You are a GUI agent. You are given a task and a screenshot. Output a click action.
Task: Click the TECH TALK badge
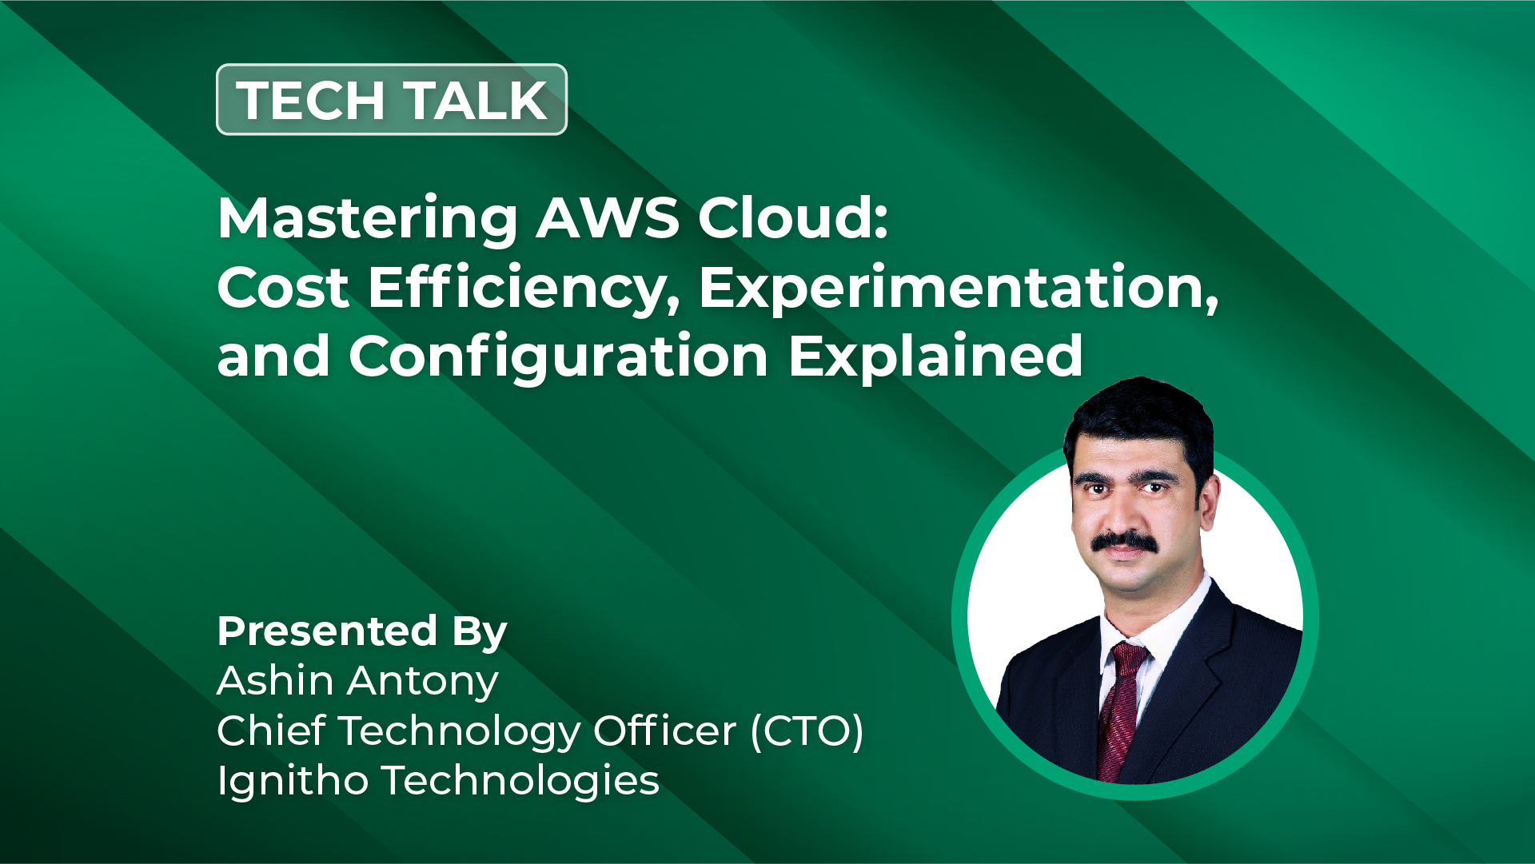tap(392, 99)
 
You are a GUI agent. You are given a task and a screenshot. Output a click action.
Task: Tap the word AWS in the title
tap(608, 217)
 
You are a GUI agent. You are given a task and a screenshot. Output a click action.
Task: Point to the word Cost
tap(283, 288)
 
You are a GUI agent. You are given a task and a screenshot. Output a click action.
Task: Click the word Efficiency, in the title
tap(524, 289)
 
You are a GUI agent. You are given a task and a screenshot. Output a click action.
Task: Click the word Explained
tap(935, 356)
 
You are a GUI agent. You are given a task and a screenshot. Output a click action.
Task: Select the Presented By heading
tap(362, 632)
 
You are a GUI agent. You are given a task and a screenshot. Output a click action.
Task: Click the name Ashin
tap(275, 681)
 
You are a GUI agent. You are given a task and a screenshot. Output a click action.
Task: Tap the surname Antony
tap(423, 683)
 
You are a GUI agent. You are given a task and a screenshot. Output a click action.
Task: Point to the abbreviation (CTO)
tap(807, 731)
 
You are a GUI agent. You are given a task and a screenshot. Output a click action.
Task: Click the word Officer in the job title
tap(664, 731)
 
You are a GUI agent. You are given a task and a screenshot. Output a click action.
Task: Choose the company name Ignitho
tap(293, 781)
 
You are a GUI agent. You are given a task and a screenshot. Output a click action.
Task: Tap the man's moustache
tap(1124, 542)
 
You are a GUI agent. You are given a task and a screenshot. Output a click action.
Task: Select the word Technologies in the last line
tap(520, 781)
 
